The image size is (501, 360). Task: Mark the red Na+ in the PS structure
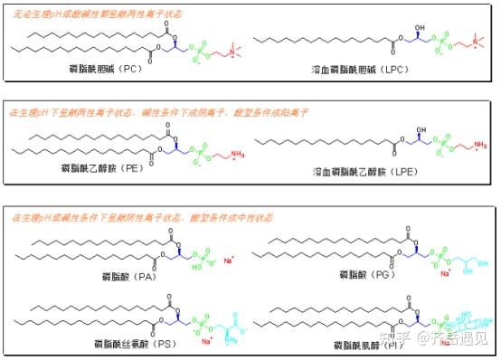coord(207,340)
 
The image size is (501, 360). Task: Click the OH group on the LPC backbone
coord(419,28)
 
